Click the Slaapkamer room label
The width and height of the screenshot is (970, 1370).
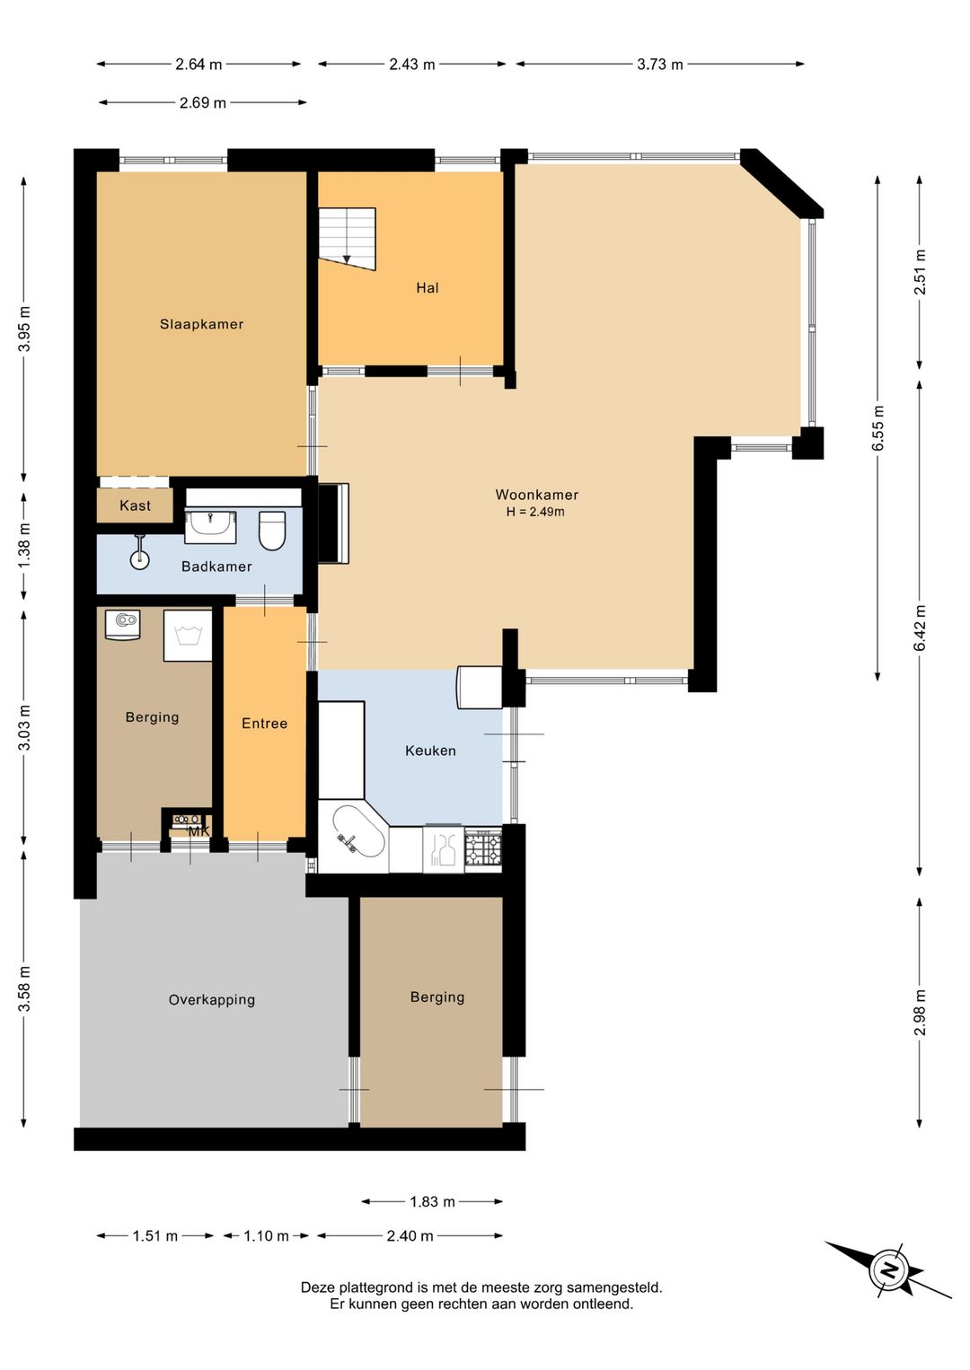coord(201,324)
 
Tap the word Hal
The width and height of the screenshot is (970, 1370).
coord(428,287)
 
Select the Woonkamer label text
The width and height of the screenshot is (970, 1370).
coord(536,494)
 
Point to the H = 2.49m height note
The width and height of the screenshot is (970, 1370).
coord(535,512)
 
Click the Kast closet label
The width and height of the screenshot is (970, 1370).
coord(136,505)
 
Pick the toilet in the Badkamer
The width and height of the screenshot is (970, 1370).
coord(272,531)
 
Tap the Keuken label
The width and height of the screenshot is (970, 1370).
coord(430,751)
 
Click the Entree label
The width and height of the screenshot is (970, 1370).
coord(264,724)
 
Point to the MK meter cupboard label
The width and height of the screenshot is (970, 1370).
coord(198,831)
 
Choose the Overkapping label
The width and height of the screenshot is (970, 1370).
coord(212,1000)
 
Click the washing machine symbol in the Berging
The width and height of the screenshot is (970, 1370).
coord(188,636)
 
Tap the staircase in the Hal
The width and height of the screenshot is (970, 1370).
coord(347,238)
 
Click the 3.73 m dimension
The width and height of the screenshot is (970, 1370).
coord(660,65)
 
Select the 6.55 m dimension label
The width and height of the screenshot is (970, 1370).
coord(877,428)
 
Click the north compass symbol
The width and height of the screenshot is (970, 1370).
coord(888,1269)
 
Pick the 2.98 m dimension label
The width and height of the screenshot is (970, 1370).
coord(920,1012)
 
